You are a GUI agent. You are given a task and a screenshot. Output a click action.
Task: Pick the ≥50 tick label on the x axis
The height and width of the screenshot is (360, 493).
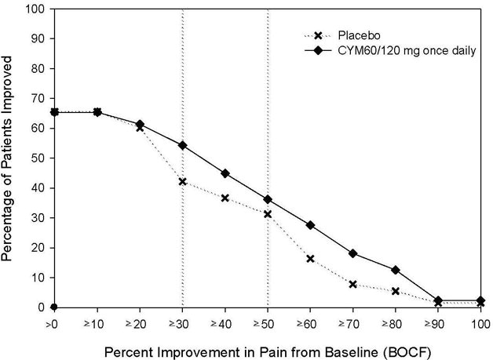(x=268, y=322)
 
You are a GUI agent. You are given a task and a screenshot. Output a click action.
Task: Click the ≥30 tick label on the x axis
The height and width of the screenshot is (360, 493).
(x=182, y=322)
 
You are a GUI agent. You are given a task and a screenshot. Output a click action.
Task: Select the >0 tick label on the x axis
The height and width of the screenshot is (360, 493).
(x=53, y=322)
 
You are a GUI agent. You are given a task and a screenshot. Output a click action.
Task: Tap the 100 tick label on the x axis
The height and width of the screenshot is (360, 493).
(x=480, y=322)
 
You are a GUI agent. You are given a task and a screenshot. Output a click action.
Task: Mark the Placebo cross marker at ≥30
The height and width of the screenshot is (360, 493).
(x=182, y=181)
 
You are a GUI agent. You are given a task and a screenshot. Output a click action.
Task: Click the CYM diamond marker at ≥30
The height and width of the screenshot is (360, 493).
(x=182, y=145)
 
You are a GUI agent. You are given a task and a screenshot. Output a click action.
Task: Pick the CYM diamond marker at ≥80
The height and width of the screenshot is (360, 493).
(x=396, y=270)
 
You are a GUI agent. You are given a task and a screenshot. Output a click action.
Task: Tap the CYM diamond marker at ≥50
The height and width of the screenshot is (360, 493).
(x=268, y=199)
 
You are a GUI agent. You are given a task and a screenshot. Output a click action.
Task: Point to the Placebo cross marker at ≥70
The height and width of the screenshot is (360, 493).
(x=353, y=284)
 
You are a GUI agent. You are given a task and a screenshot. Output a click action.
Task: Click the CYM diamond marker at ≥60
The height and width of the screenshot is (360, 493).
(x=310, y=225)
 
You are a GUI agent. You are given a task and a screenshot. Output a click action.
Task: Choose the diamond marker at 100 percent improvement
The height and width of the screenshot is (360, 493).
(x=480, y=300)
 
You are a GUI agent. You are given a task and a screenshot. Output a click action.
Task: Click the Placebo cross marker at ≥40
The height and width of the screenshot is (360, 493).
(x=225, y=198)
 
